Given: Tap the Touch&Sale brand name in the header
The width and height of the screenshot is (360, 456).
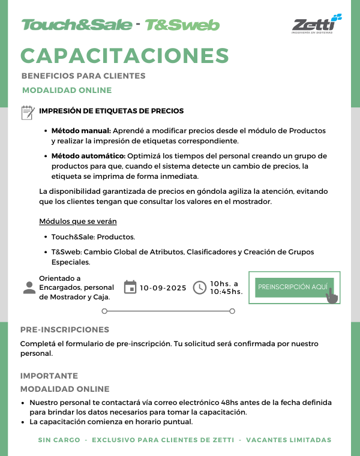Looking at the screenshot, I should tap(77, 25).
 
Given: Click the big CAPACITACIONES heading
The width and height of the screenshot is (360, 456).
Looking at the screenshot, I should tap(125, 55).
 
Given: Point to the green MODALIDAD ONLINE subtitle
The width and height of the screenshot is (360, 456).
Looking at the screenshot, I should tap(67, 90).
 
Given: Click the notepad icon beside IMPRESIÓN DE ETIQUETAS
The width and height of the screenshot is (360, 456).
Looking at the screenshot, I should tap(28, 112).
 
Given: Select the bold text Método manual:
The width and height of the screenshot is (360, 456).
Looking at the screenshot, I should tap(81, 130).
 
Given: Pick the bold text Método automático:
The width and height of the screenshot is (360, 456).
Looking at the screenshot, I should tap(88, 155).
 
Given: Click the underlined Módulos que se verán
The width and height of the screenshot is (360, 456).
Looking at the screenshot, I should tap(78, 221).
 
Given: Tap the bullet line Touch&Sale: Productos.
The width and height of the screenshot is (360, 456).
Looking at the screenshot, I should tap(93, 237).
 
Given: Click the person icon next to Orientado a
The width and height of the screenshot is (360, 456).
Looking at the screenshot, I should tap(29, 287).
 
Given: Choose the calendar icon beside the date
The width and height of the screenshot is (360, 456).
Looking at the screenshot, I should tap(130, 287).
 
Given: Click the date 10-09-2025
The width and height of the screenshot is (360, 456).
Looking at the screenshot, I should tap(163, 288).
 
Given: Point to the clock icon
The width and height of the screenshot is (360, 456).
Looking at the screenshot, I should tap(200, 288).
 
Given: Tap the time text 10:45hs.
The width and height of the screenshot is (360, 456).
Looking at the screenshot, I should tap(226, 292).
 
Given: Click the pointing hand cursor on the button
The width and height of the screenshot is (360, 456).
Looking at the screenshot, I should tap(332, 296).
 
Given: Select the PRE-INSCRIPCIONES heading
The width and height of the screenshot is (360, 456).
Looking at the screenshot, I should tap(65, 329).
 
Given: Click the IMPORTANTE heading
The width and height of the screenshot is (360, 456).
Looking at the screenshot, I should tap(49, 376).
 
